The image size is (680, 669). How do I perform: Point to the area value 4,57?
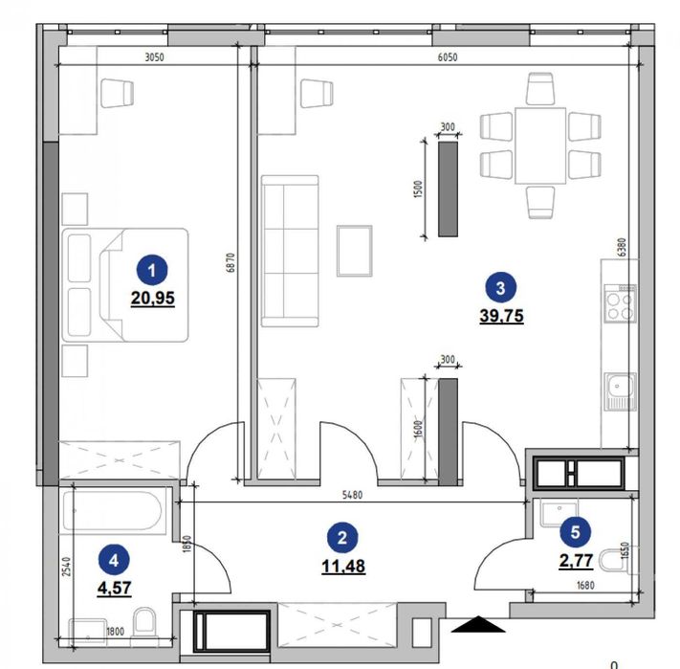click(x=115, y=587)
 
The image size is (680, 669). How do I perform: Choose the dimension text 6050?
click(x=448, y=57)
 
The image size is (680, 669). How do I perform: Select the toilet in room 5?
click(x=624, y=570)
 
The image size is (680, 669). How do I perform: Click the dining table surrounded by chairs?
click(x=540, y=145)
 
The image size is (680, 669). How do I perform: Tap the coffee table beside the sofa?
click(x=355, y=249)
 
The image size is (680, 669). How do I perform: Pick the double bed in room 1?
click(x=126, y=284)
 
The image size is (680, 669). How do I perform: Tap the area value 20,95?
click(x=153, y=297)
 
